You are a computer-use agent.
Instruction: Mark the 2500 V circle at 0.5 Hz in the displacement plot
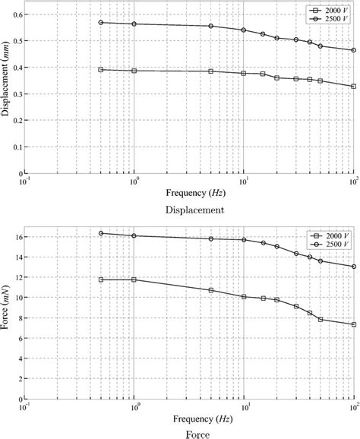tap(101, 22)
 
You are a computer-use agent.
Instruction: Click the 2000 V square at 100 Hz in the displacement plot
tap(353, 86)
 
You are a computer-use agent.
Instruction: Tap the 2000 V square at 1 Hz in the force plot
tap(134, 280)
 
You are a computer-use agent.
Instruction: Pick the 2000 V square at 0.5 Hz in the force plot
tap(101, 280)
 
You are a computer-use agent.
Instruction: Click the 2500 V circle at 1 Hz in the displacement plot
tap(134, 24)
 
